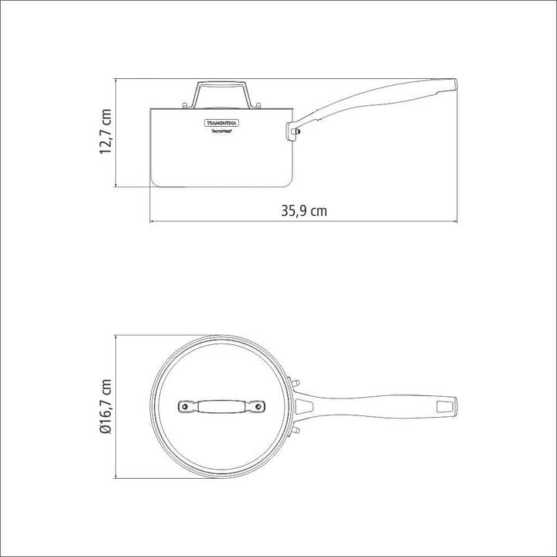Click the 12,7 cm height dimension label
point(106,132)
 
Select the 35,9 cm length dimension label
point(304,210)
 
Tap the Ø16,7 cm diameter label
point(106,407)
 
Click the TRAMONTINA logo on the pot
point(222,123)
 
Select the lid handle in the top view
point(221,406)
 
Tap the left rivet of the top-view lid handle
point(184,406)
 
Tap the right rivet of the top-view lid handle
point(258,406)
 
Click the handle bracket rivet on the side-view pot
point(295,132)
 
